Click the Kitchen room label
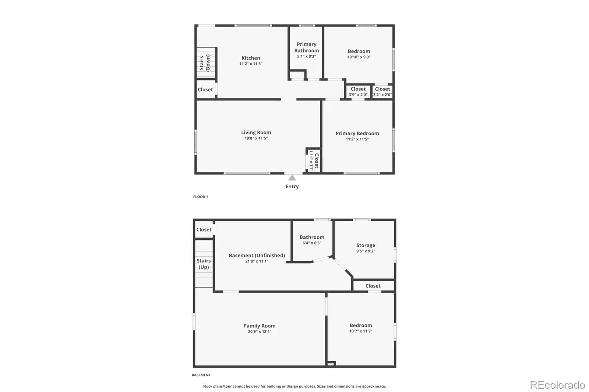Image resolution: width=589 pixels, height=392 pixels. coord(251,58)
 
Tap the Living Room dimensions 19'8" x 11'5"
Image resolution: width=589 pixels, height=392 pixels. coord(256,138)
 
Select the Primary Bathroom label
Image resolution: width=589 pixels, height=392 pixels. coord(306,47)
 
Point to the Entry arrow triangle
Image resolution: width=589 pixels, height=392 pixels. coord(292,178)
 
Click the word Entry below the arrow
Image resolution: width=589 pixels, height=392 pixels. coord(292,186)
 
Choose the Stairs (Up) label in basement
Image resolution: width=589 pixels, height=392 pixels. coord(204,264)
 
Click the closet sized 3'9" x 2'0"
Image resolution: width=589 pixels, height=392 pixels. coord(358,92)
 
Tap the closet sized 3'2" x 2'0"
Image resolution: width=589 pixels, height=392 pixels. coord(382,92)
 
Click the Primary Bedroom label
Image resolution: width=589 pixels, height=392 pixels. coord(357,133)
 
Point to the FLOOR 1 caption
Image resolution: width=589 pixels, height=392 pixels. coord(200,196)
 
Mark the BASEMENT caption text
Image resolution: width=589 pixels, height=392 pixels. coord(201,375)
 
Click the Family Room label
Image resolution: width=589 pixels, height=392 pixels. coord(260,325)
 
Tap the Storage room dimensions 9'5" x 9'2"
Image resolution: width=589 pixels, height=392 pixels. coord(366,251)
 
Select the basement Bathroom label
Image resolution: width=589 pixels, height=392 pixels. coord(312,237)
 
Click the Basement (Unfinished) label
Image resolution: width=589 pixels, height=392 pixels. coord(257,255)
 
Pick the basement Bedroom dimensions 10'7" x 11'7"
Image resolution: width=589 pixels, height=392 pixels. coord(361,331)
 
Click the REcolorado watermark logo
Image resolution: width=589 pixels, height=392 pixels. coord(557,385)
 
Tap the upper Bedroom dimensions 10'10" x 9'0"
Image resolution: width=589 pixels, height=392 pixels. coord(359,57)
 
